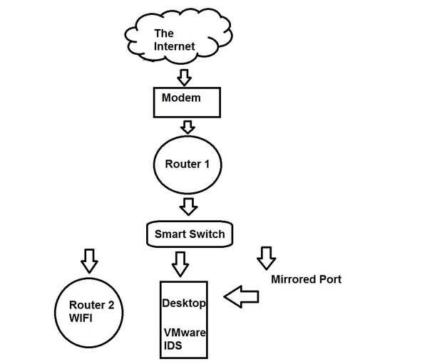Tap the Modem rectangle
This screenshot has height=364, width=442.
[x=185, y=102]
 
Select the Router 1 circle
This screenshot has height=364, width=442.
[x=187, y=165]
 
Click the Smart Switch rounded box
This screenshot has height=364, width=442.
[x=190, y=233]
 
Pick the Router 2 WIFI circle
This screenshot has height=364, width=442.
[x=89, y=312]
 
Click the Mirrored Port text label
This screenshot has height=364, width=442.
[x=306, y=279]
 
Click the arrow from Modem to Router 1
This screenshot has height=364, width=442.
[x=187, y=126]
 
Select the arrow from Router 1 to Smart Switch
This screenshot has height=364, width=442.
[x=188, y=207]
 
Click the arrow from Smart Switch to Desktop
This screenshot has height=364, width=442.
[x=180, y=263]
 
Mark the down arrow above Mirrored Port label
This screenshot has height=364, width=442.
[x=267, y=257]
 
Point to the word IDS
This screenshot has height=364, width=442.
[x=172, y=345]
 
